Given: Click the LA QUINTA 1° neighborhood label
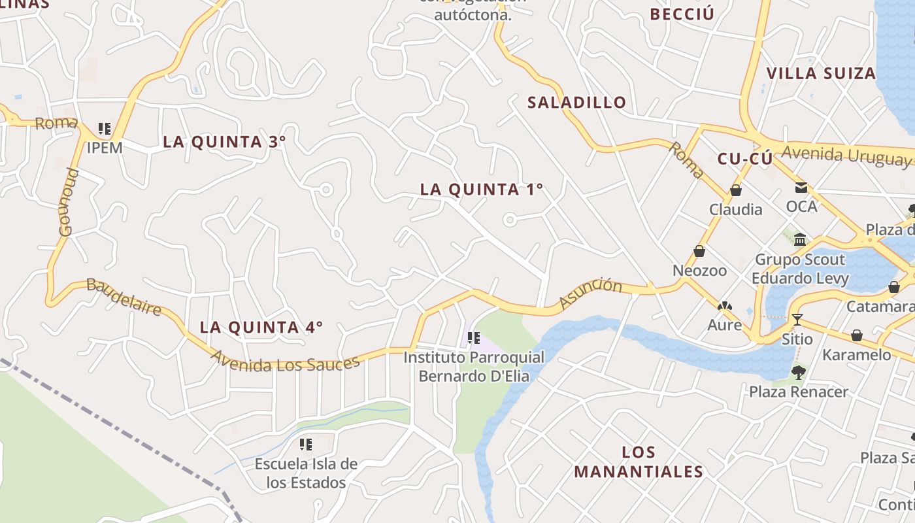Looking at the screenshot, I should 482,190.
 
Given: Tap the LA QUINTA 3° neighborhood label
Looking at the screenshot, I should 224,142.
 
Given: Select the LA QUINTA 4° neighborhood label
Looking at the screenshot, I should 261,328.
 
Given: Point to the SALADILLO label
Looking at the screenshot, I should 576,103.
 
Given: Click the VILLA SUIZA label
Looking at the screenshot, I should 820,73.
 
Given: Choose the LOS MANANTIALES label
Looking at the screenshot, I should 639,462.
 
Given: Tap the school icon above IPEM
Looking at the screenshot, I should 105,128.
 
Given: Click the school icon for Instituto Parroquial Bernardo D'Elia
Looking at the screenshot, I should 474,339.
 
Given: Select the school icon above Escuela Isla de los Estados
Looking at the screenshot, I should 306,445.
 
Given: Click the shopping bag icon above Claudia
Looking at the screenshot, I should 736,191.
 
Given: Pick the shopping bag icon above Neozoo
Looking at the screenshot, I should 699,252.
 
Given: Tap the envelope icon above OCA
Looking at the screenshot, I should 801,188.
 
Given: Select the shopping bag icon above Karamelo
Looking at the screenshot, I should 856,336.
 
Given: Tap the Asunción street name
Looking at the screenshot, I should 590,294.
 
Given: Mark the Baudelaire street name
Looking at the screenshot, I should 124,297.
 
